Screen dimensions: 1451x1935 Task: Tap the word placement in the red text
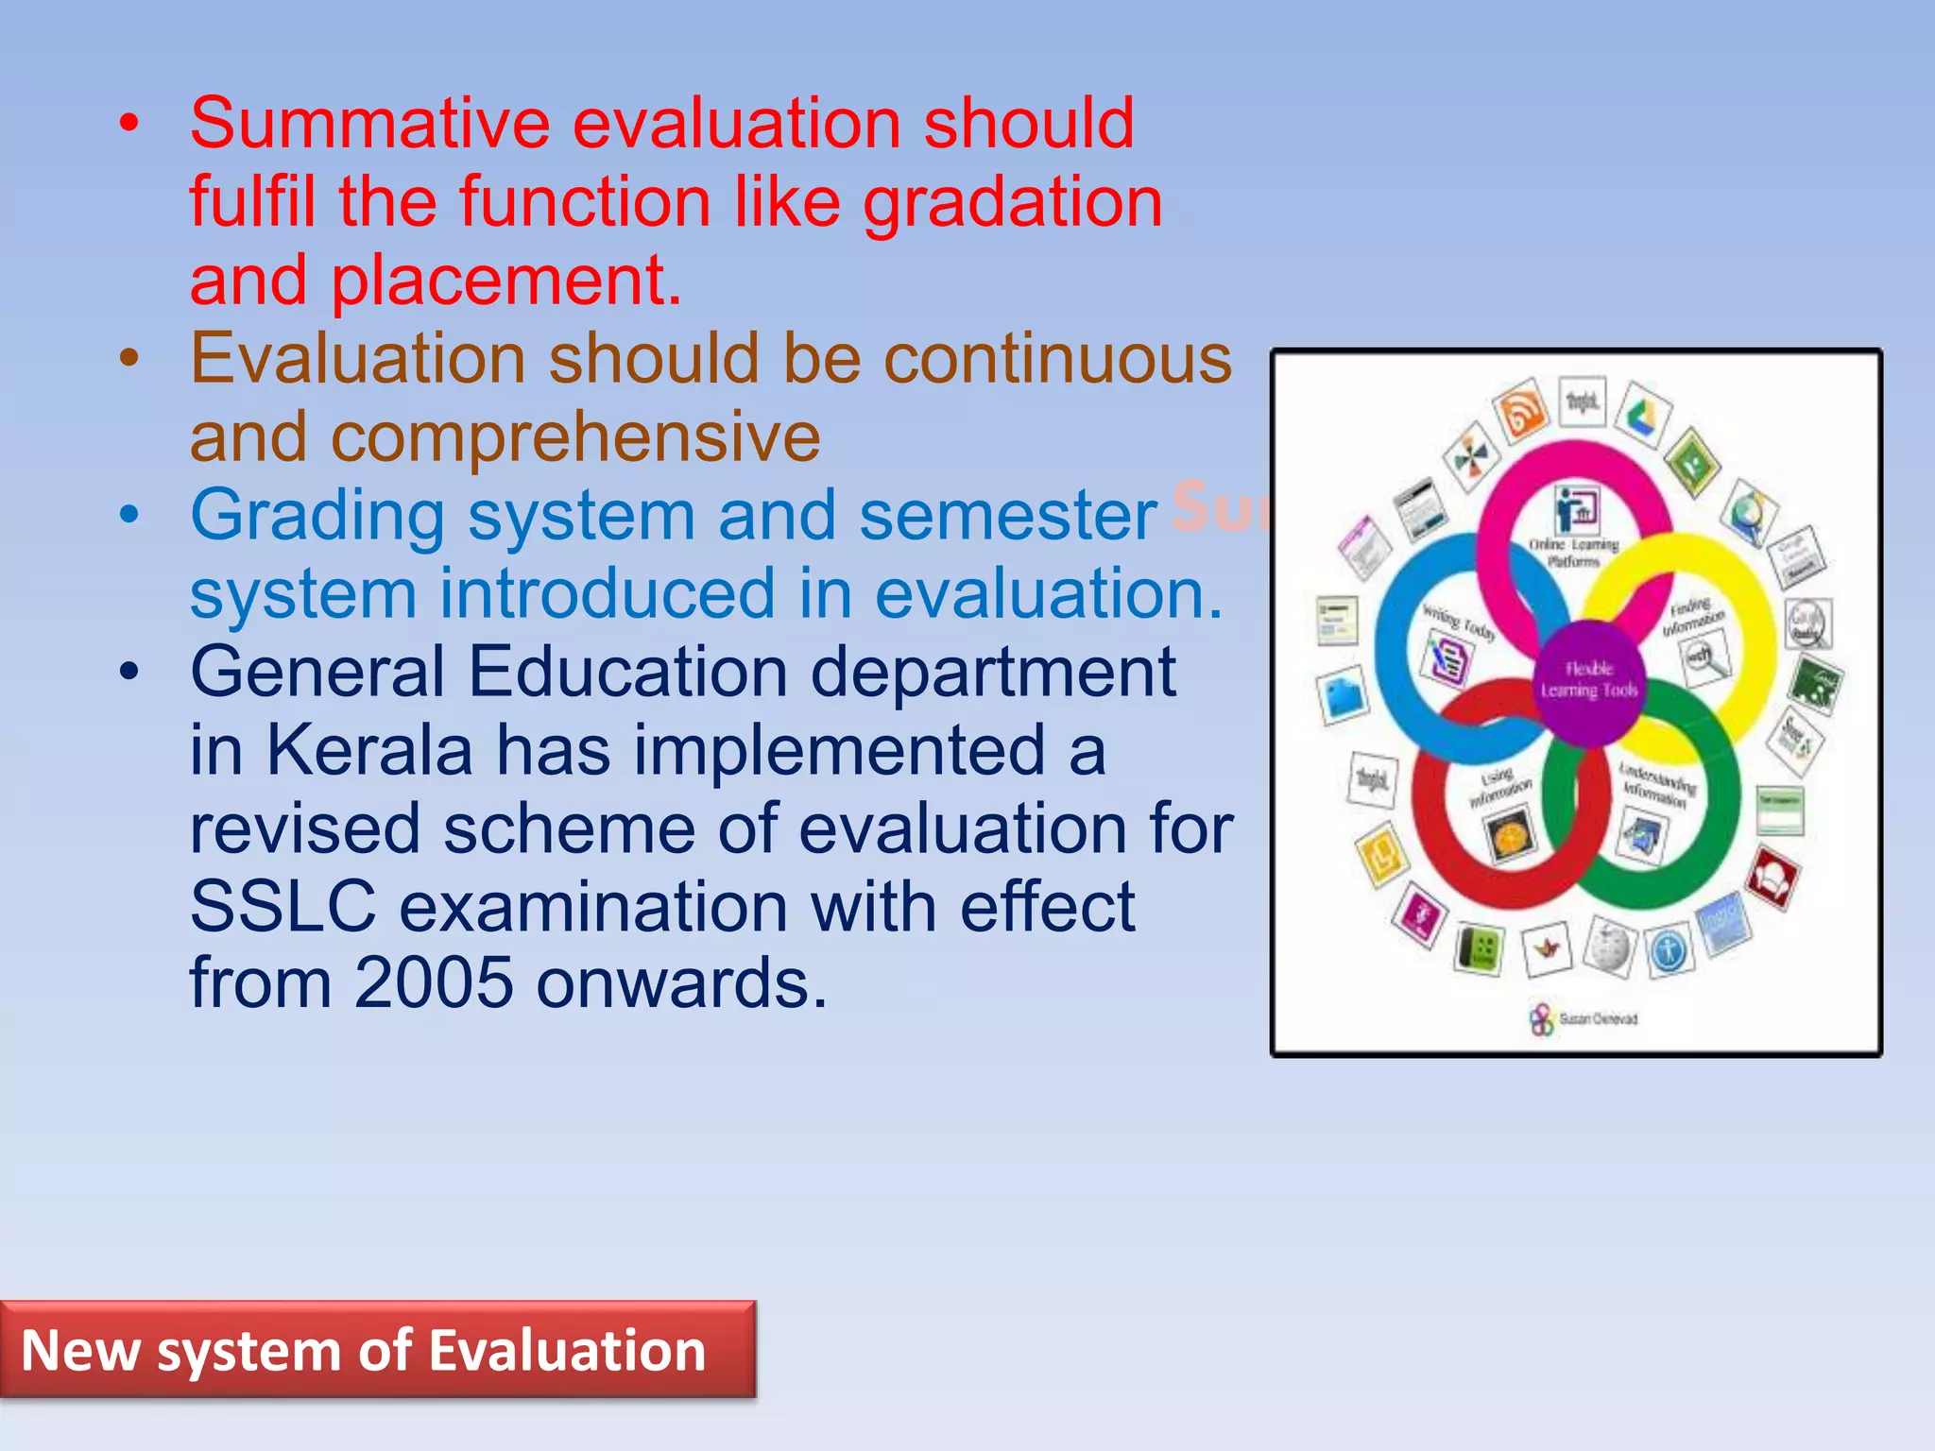click(x=505, y=282)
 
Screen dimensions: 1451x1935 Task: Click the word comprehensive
click(x=575, y=438)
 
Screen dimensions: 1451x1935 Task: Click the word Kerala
click(x=368, y=751)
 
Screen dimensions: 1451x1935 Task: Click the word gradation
click(x=1012, y=203)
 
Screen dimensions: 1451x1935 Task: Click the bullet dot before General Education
click(x=129, y=672)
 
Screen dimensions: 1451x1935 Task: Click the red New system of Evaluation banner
click(x=377, y=1349)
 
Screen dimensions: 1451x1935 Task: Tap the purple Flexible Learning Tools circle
click(x=1589, y=681)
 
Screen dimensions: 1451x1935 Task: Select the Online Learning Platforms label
click(x=1573, y=552)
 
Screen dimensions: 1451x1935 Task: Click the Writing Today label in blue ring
click(x=1460, y=623)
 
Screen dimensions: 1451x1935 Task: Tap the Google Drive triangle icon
click(x=1643, y=413)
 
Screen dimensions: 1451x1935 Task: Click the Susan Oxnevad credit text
click(x=1598, y=1018)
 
